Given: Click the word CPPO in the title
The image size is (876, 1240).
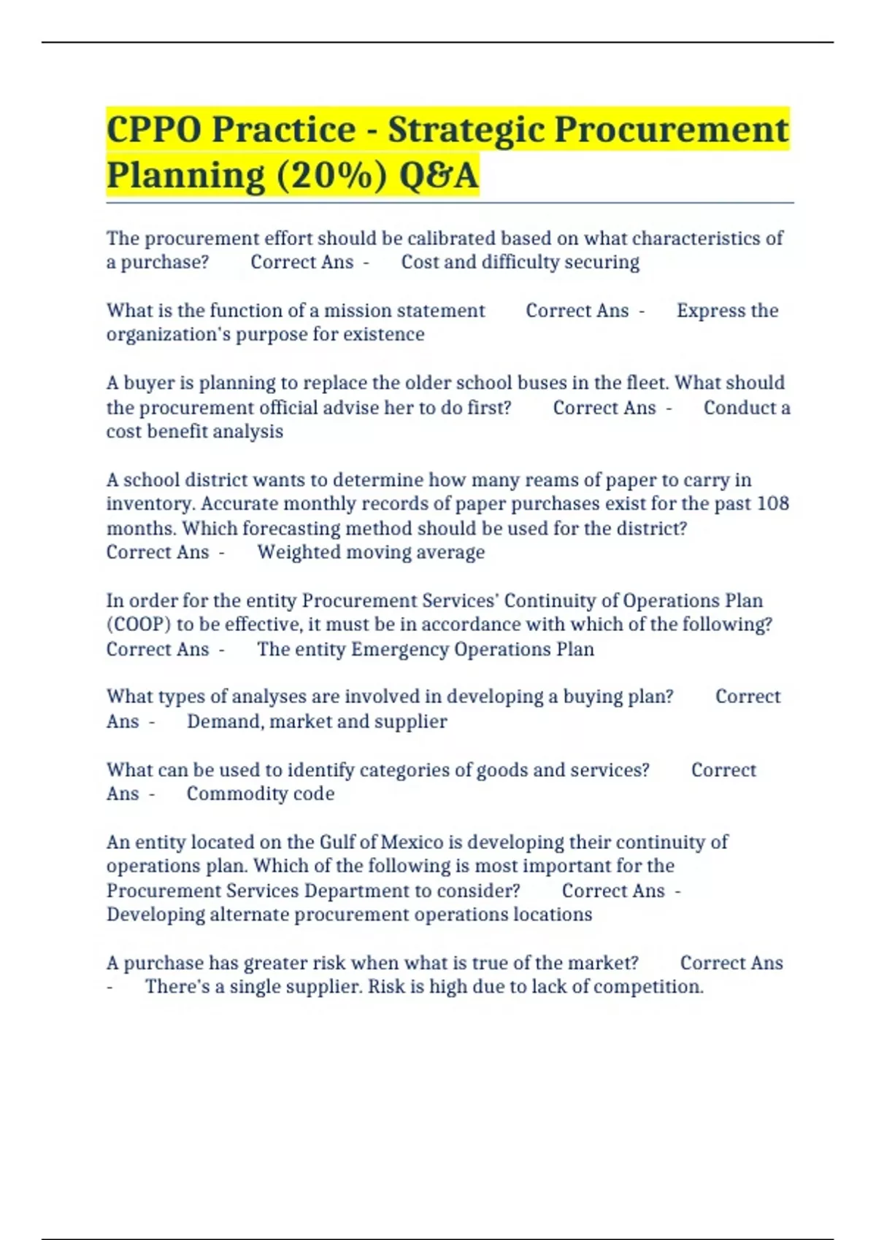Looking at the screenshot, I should tap(153, 130).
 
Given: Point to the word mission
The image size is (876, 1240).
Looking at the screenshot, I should tap(358, 311).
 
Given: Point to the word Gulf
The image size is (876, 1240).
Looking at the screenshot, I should tap(337, 842).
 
